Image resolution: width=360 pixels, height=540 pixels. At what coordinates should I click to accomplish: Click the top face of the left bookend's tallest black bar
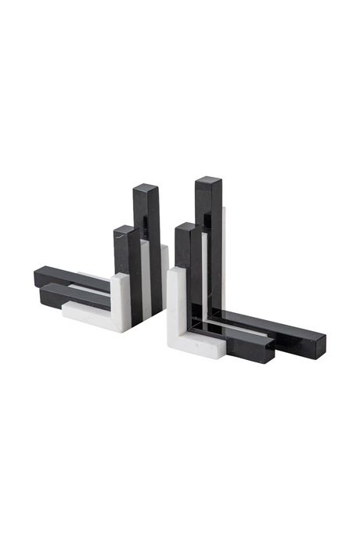coord(146,188)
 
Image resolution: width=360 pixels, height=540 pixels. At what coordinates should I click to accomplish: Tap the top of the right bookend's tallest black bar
coord(208,182)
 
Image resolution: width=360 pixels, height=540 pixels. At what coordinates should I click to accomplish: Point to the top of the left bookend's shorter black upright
coord(124,229)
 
